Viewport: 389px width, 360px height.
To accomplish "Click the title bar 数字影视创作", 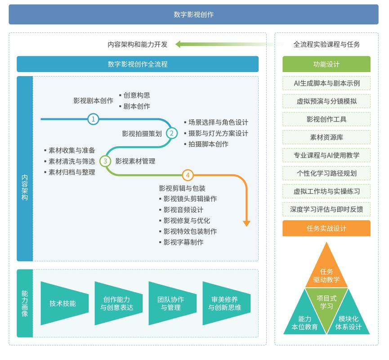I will (x=193, y=14).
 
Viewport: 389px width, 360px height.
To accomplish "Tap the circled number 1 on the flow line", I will (x=93, y=119).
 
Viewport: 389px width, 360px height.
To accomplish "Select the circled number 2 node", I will (x=171, y=133).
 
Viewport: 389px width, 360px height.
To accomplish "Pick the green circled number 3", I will (x=105, y=161).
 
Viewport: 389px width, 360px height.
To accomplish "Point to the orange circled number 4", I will (x=188, y=175).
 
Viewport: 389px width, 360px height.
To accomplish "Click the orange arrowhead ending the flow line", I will (x=246, y=223).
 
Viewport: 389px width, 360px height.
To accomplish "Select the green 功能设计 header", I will (x=326, y=64).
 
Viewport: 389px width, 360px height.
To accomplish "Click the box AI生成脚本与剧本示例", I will (x=326, y=83).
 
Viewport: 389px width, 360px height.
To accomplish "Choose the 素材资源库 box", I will (x=326, y=137).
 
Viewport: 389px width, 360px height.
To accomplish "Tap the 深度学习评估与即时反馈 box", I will (x=326, y=209).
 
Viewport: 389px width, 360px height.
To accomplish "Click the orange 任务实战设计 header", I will (x=326, y=228).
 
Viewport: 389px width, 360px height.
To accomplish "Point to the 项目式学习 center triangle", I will (x=326, y=302).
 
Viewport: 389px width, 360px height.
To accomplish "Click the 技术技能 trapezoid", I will (x=63, y=303).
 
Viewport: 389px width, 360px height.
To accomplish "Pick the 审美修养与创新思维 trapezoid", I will (x=224, y=303).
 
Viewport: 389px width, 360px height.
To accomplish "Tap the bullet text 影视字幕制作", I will (x=183, y=242).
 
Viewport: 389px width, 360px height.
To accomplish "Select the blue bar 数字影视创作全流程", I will (x=138, y=64).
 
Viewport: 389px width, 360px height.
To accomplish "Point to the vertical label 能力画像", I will (x=25, y=303).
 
